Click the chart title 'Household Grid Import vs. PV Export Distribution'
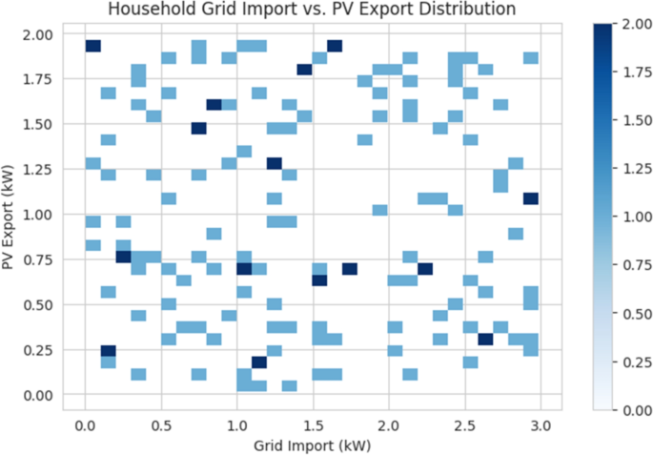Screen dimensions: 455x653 pos(312,10)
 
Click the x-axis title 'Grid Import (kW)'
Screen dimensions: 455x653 pos(312,444)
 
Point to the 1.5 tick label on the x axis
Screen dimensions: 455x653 pos(313,424)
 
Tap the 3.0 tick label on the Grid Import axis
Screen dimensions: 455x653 pos(540,424)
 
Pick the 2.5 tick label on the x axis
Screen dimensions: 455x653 pos(464,424)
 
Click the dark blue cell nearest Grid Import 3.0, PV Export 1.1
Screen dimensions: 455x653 pos(531,198)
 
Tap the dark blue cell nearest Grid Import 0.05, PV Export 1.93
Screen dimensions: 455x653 pos(92,46)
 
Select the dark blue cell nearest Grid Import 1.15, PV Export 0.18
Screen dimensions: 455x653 pos(259,362)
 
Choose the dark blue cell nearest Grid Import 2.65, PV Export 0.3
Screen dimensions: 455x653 pos(485,339)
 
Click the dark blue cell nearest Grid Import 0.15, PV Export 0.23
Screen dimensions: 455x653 pos(108,351)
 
